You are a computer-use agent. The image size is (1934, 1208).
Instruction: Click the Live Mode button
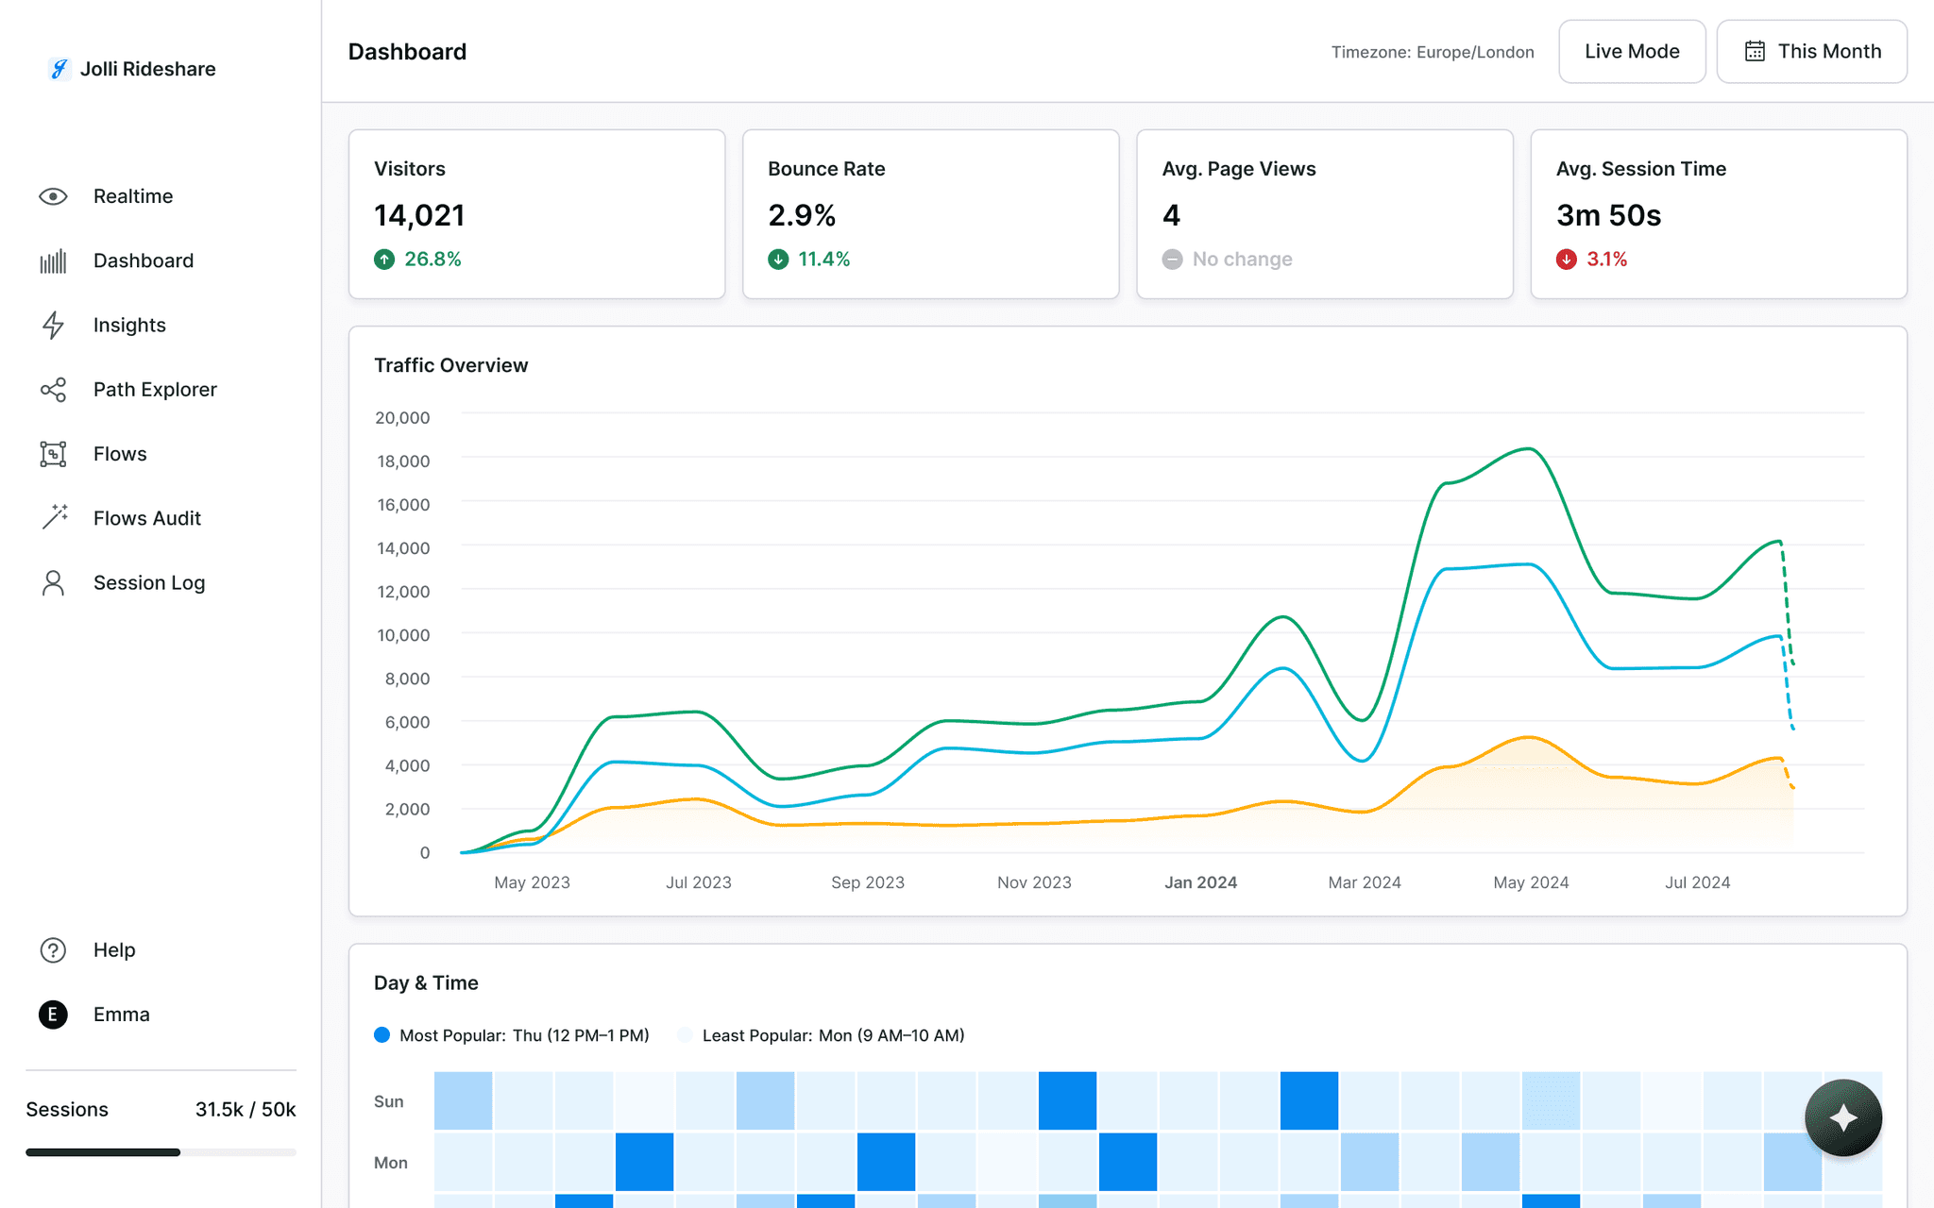pos(1631,52)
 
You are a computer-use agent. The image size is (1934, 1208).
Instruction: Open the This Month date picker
pos(1811,52)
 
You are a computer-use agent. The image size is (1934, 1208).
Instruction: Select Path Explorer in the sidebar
pos(155,390)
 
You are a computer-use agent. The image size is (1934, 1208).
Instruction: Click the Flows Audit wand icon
pos(54,517)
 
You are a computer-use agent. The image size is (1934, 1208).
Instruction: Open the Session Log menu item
pos(148,583)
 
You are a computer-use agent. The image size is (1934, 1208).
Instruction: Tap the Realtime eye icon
pos(53,196)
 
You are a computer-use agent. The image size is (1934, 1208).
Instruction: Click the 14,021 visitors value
pos(419,215)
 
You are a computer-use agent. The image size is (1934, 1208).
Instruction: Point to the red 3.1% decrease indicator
pos(1592,260)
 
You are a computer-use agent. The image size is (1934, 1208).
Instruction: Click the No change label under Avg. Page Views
pos(1242,260)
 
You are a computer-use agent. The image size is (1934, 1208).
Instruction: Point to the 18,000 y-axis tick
pos(403,461)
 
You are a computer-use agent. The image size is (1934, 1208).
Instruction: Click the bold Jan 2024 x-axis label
pos(1200,882)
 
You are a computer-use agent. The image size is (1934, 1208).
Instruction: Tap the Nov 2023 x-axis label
pos(1034,882)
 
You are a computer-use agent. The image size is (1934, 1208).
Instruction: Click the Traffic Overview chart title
pos(450,365)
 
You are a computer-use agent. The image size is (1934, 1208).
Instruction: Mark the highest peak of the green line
pos(1529,449)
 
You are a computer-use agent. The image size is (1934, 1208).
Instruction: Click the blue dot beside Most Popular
pos(382,1035)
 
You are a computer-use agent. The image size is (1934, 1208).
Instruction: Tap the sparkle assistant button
pos(1842,1117)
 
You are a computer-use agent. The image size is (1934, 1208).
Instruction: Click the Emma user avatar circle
pos(53,1015)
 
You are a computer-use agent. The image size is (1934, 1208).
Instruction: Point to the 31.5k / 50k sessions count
pos(246,1110)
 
